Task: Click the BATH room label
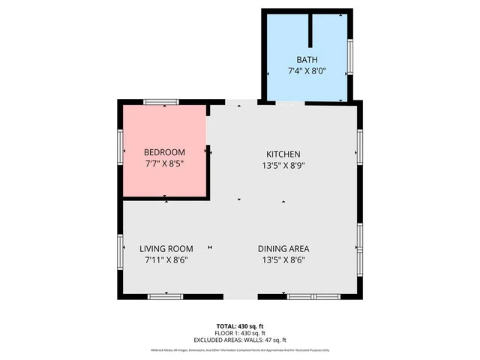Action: click(307, 59)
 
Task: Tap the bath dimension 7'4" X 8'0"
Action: click(307, 72)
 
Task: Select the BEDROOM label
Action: click(164, 152)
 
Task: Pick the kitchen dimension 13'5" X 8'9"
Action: click(282, 166)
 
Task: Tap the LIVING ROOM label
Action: click(166, 249)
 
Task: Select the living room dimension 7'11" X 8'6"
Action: click(166, 261)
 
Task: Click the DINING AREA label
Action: click(283, 249)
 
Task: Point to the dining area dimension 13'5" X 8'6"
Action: click(283, 261)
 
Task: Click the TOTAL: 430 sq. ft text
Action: click(240, 325)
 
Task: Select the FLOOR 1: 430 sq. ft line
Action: click(240, 333)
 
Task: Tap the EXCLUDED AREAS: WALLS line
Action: click(240, 340)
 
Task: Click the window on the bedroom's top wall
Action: click(161, 102)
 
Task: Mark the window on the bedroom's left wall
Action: click(120, 146)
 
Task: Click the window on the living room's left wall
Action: click(120, 251)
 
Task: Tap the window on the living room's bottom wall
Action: click(165, 297)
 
